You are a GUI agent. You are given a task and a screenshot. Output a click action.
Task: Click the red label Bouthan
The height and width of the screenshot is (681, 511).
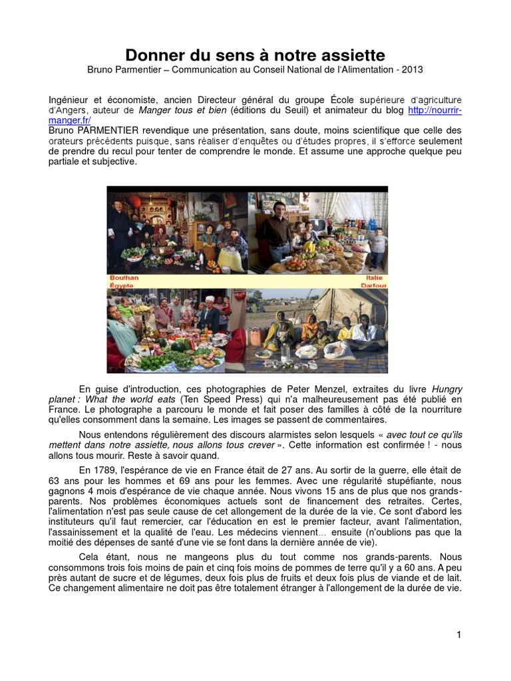124,277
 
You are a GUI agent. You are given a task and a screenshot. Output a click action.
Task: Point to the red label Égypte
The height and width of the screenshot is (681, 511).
122,285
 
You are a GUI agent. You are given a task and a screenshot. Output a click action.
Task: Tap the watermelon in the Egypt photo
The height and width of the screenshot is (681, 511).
178,346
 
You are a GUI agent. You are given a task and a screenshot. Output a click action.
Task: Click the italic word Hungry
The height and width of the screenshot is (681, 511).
447,388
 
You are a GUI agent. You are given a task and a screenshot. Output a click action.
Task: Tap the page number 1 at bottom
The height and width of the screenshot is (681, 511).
458,635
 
